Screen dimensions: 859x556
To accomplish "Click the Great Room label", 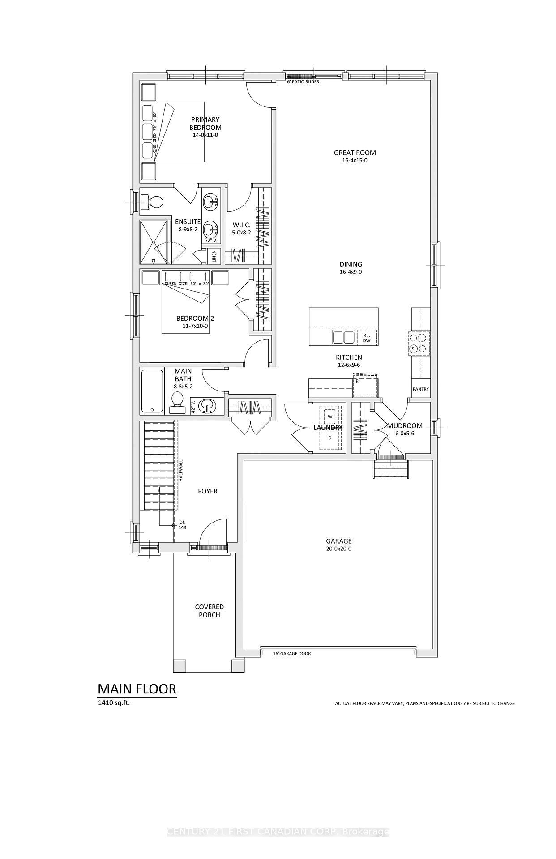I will (355, 153).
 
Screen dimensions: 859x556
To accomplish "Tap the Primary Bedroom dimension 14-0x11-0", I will (205, 135).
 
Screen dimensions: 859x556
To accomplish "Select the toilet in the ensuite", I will (152, 202).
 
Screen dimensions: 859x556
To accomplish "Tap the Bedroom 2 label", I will (195, 319).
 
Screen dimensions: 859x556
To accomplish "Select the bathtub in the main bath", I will (152, 391).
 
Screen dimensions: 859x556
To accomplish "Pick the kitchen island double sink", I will (343, 337).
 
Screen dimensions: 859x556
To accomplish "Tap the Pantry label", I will (420, 389).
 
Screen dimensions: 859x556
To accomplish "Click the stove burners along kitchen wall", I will (418, 343).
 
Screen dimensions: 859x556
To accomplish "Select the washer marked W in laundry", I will (330, 417).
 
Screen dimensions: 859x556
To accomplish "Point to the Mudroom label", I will (405, 426).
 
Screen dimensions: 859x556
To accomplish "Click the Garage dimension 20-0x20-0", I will (338, 549).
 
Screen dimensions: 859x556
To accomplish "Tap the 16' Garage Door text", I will (292, 654).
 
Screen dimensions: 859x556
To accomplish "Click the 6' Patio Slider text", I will (303, 82).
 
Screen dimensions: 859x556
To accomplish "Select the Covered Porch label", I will (209, 611).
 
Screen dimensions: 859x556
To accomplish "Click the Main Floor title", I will (137, 689).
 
